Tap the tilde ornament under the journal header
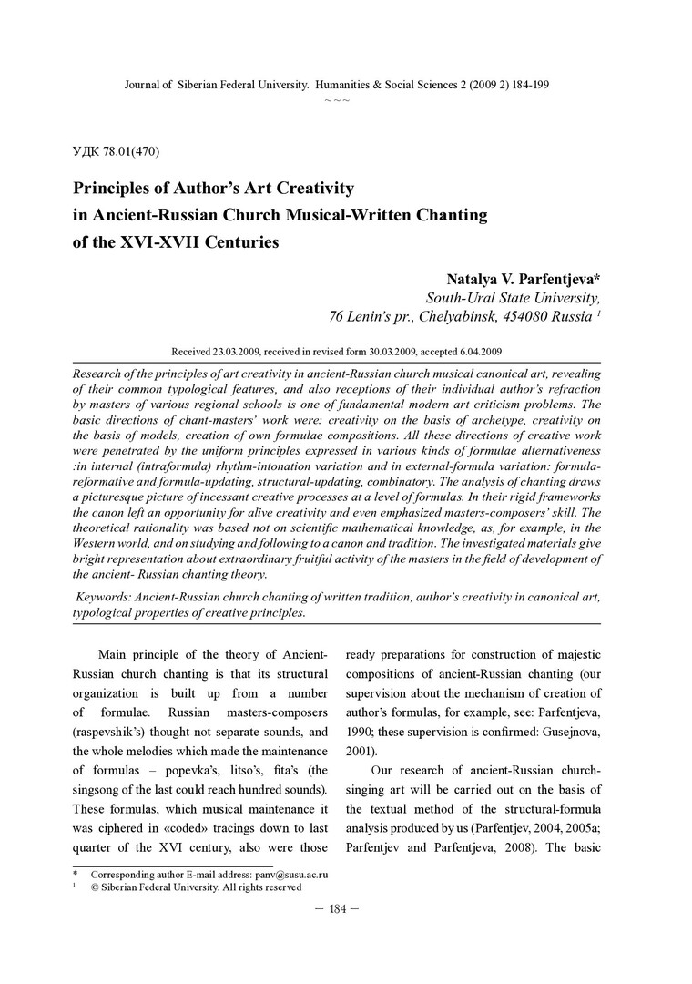click(x=336, y=100)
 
